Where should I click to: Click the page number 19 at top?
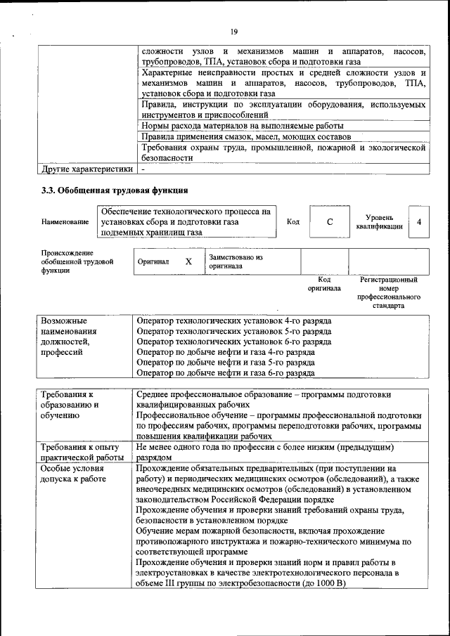(233, 31)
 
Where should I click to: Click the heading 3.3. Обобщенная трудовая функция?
(114, 190)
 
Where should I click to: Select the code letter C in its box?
(330, 222)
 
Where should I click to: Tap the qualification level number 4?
(419, 222)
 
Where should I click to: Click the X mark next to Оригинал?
(188, 261)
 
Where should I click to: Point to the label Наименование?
(65, 222)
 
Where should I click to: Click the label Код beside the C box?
(293, 222)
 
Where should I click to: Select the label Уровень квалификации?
(380, 222)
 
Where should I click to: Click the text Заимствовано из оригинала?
(236, 262)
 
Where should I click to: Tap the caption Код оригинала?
(324, 284)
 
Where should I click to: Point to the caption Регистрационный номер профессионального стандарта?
(388, 293)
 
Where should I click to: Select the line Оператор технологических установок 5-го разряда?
(234, 331)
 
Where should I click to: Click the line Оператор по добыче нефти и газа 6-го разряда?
(225, 373)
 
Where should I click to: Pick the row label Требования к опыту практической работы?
(79, 452)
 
